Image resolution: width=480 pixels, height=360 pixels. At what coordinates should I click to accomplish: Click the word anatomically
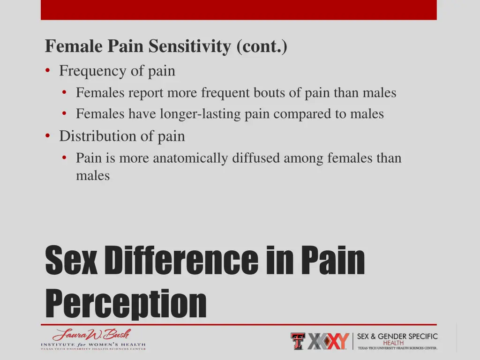[191, 158]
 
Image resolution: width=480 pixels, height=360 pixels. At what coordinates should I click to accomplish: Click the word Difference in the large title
[182, 261]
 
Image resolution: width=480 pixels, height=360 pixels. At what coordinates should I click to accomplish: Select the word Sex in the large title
[71, 261]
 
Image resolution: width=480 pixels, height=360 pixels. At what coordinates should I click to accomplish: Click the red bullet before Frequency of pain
[48, 71]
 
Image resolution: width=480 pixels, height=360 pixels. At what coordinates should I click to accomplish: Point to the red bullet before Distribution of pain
[48, 136]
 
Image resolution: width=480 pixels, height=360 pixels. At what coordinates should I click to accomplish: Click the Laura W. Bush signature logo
[92, 335]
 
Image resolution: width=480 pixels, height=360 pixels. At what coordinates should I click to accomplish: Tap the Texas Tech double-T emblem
[298, 341]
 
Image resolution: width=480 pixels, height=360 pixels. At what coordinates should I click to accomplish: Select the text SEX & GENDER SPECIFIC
[397, 336]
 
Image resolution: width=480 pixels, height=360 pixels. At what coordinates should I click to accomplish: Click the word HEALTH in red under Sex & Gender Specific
[397, 343]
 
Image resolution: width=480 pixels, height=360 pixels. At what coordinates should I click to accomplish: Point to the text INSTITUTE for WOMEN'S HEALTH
[93, 345]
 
